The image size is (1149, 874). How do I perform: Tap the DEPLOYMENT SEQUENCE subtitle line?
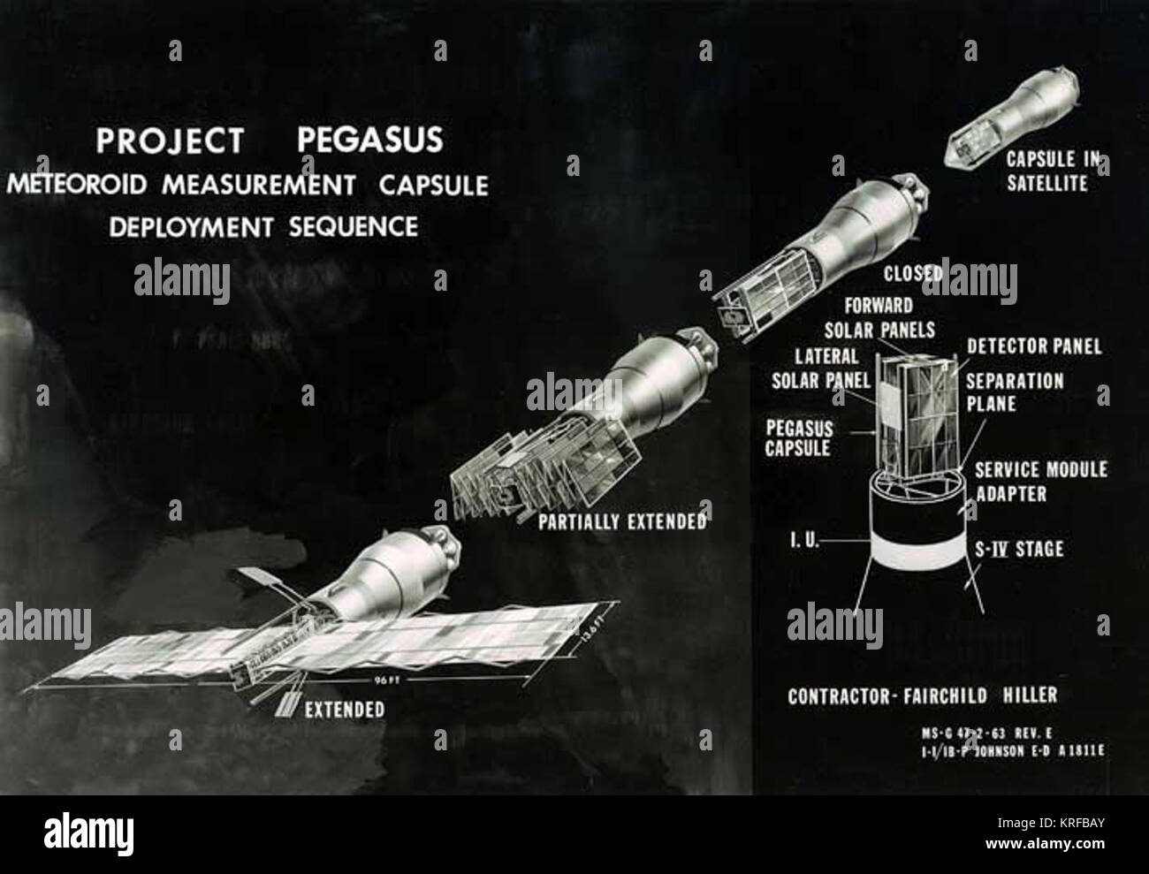click(x=263, y=226)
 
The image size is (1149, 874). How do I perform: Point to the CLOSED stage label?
click(x=913, y=273)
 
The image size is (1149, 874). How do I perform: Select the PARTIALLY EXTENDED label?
click(x=622, y=521)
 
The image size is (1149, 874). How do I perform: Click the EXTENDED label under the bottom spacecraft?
click(x=345, y=709)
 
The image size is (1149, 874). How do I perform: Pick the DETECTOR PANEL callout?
click(x=1034, y=346)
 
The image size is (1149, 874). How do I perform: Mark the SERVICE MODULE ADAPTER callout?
click(x=1040, y=482)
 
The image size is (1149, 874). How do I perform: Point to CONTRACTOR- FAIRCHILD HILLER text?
click(x=922, y=695)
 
